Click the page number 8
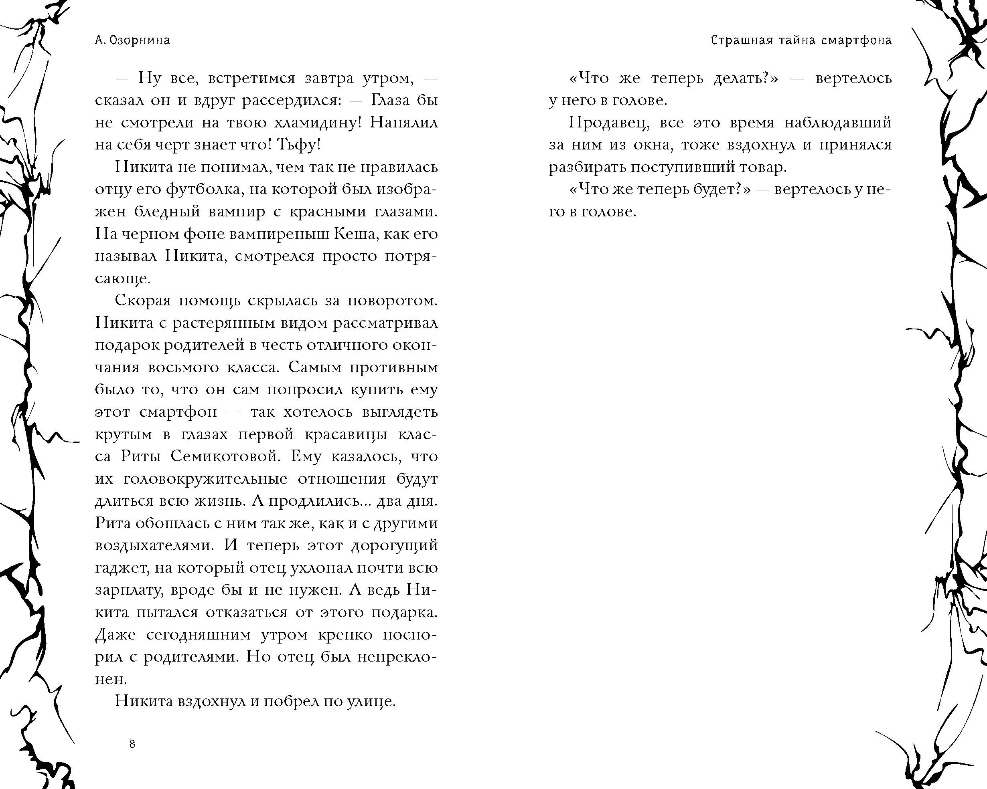tap(132, 744)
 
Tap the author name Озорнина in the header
tap(139, 41)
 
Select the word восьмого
tap(184, 367)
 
